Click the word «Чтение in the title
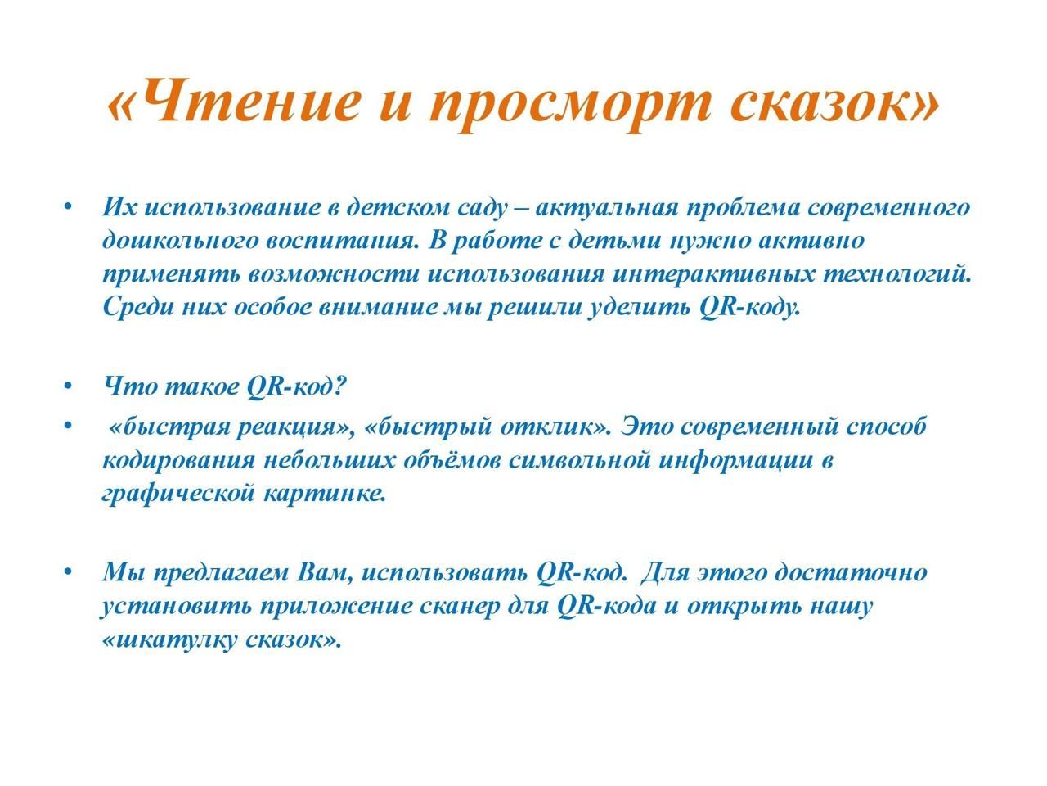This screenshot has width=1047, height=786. (232, 99)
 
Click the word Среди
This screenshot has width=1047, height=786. (139, 307)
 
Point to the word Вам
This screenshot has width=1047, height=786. (326, 572)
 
